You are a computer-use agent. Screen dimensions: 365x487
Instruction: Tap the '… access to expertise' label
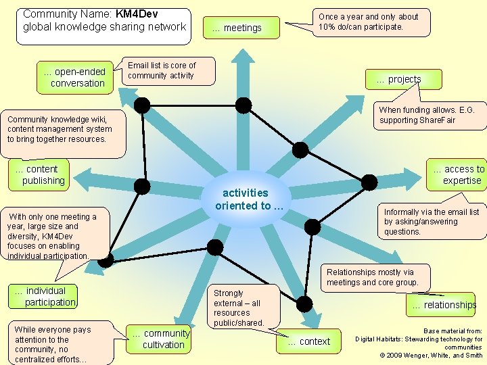click(x=459, y=174)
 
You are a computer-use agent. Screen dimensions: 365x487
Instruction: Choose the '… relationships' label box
click(x=444, y=305)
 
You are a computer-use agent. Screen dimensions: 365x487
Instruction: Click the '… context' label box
click(x=309, y=341)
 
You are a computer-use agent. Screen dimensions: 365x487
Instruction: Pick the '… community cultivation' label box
click(x=162, y=339)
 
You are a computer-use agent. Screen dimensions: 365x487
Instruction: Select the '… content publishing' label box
click(x=41, y=174)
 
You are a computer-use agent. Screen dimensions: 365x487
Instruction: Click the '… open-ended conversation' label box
click(x=74, y=77)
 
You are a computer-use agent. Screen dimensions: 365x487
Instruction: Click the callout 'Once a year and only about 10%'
click(x=369, y=22)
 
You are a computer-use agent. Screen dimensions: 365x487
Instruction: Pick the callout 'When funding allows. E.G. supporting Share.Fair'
click(x=427, y=115)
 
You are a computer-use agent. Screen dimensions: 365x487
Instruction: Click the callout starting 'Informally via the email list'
click(x=431, y=222)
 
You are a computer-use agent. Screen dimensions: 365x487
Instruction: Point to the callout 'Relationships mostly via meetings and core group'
click(x=373, y=277)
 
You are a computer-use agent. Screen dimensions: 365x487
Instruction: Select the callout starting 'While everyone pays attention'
click(x=53, y=344)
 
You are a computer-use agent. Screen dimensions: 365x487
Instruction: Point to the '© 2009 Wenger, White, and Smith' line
click(x=431, y=355)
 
